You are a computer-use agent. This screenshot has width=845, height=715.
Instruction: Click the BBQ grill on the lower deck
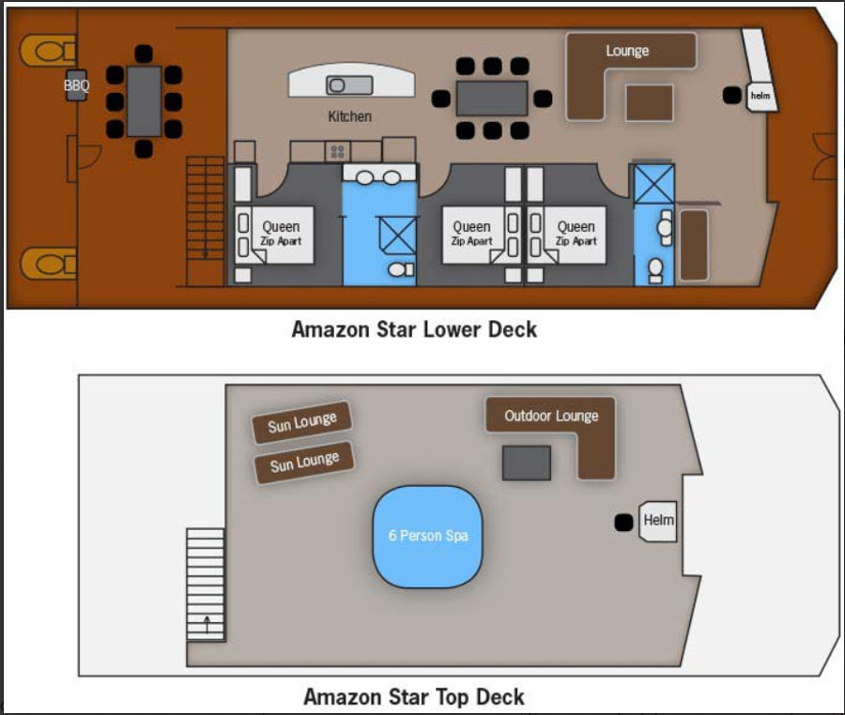tap(77, 85)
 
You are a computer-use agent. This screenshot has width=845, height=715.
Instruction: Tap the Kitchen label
tap(350, 116)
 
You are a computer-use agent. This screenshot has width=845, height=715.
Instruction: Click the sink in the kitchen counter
tap(349, 85)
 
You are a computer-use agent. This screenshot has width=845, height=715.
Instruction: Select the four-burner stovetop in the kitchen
tap(337, 151)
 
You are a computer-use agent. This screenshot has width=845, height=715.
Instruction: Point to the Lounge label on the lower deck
tap(627, 51)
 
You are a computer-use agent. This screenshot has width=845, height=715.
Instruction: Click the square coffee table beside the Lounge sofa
tap(650, 103)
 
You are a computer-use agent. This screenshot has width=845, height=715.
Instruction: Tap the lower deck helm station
tap(761, 97)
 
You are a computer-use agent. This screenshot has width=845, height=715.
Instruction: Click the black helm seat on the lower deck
tap(731, 96)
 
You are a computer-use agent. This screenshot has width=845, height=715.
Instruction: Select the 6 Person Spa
tap(428, 537)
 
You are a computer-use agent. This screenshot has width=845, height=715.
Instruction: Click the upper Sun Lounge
tap(301, 422)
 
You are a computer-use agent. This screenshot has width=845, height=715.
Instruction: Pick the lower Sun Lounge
tap(304, 463)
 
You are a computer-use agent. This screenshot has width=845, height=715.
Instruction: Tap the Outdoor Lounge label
tap(551, 416)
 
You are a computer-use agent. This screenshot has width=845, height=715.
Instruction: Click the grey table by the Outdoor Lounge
tap(527, 463)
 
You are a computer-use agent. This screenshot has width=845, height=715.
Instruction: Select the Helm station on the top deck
tap(657, 521)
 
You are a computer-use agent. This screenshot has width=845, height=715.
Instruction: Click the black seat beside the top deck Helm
tap(624, 523)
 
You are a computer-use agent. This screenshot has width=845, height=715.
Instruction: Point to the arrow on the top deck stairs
tap(207, 625)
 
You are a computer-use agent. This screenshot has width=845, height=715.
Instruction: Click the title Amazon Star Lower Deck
tap(414, 329)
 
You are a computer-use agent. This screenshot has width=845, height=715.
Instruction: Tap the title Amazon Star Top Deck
tap(414, 696)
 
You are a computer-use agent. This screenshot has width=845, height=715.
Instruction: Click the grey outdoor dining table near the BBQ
tap(144, 101)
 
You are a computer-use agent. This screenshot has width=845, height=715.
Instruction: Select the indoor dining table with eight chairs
tap(491, 98)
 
